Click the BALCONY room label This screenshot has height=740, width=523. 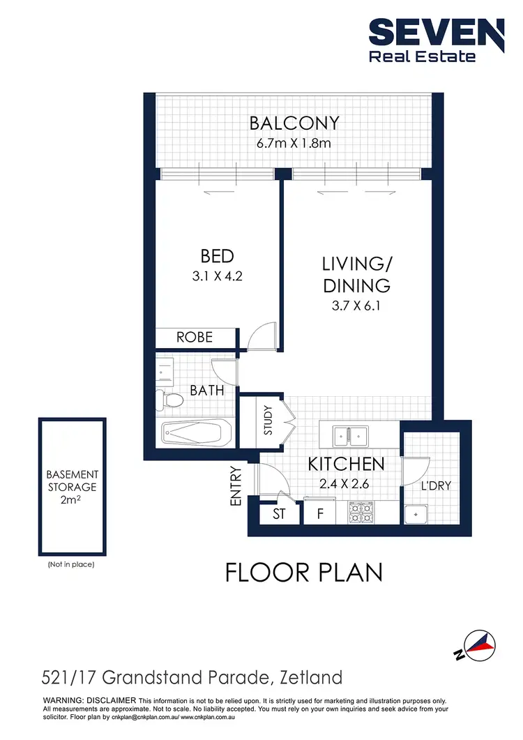pyautogui.click(x=294, y=123)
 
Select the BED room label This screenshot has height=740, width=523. pyautogui.click(x=218, y=255)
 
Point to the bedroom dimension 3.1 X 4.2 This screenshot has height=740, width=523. pyautogui.click(x=218, y=275)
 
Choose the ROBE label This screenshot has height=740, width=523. pyautogui.click(x=194, y=338)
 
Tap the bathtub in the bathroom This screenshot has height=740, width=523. pyautogui.click(x=196, y=434)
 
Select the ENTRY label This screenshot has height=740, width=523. pyautogui.click(x=235, y=486)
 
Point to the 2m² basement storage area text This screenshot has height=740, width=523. pyautogui.click(x=73, y=500)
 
